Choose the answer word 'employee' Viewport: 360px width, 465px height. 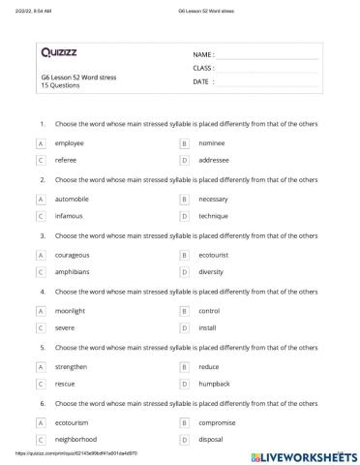[x=70, y=142]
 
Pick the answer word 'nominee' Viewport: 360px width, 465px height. [x=212, y=142]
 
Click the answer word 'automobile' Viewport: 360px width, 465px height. [x=74, y=199]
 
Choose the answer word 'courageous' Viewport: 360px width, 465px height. [x=74, y=255]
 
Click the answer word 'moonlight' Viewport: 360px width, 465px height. [x=72, y=311]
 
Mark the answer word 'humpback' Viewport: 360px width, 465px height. [x=214, y=384]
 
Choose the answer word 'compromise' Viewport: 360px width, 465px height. [x=217, y=423]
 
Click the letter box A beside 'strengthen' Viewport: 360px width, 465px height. [x=41, y=367]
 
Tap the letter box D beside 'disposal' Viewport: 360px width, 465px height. [x=184, y=440]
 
